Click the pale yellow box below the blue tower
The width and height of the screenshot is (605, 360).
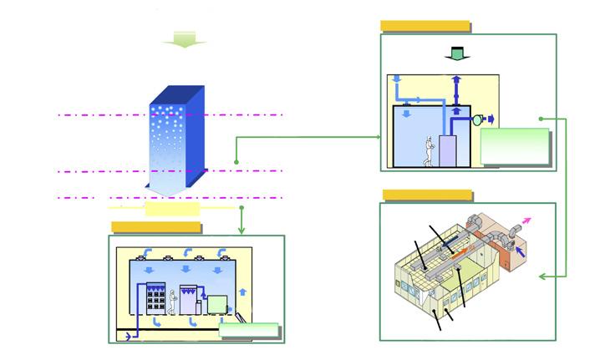pyautogui.click(x=172, y=208)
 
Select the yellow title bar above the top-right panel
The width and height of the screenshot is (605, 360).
pyautogui.click(x=425, y=26)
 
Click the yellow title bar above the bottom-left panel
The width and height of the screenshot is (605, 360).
pyautogui.click(x=155, y=227)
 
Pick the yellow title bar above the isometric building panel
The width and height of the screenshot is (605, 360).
pyautogui.click(x=427, y=195)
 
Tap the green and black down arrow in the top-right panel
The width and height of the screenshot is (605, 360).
pyautogui.click(x=456, y=53)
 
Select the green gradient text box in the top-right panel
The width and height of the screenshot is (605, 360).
pyautogui.click(x=516, y=146)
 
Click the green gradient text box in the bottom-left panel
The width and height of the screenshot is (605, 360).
pyautogui.click(x=248, y=330)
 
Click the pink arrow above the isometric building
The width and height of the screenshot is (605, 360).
pyautogui.click(x=526, y=221)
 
